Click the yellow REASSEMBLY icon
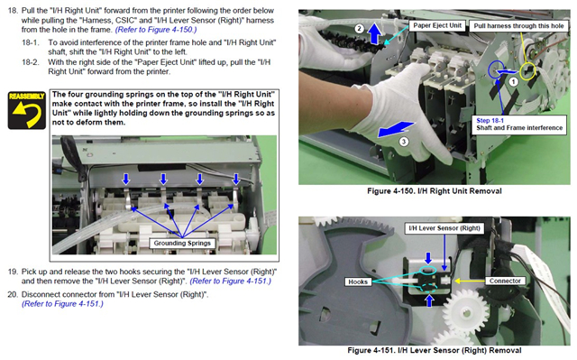pos(27,110)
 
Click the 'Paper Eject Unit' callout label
pos(436,25)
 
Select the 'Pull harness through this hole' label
pos(518,26)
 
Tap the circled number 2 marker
pos(359,29)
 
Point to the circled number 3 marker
pos(404,142)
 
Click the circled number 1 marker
pos(513,82)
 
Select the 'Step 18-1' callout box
pos(519,125)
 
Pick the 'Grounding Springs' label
pos(182,244)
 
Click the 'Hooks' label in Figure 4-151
pos(358,282)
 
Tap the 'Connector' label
pos(505,281)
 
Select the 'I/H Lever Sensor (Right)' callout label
pos(444,228)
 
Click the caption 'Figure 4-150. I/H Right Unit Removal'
pos(435,191)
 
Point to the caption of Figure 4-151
pos(435,350)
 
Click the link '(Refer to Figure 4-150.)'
pos(156,30)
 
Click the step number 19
pos(13,272)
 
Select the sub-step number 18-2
pos(31,62)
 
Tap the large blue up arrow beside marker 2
pos(375,33)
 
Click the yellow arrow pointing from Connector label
pos(470,281)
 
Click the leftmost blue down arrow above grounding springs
pos(126,180)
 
